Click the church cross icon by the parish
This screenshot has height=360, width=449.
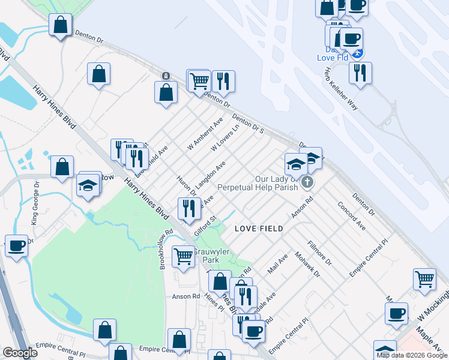point(307,182)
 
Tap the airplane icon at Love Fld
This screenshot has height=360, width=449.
point(358,53)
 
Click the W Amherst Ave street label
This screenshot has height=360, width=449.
point(205,133)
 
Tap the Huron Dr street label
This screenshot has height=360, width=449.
point(184,185)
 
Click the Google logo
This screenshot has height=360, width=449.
point(20,353)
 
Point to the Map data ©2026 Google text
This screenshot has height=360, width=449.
point(412,355)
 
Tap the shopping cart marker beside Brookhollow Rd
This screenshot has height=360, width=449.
point(183,256)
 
